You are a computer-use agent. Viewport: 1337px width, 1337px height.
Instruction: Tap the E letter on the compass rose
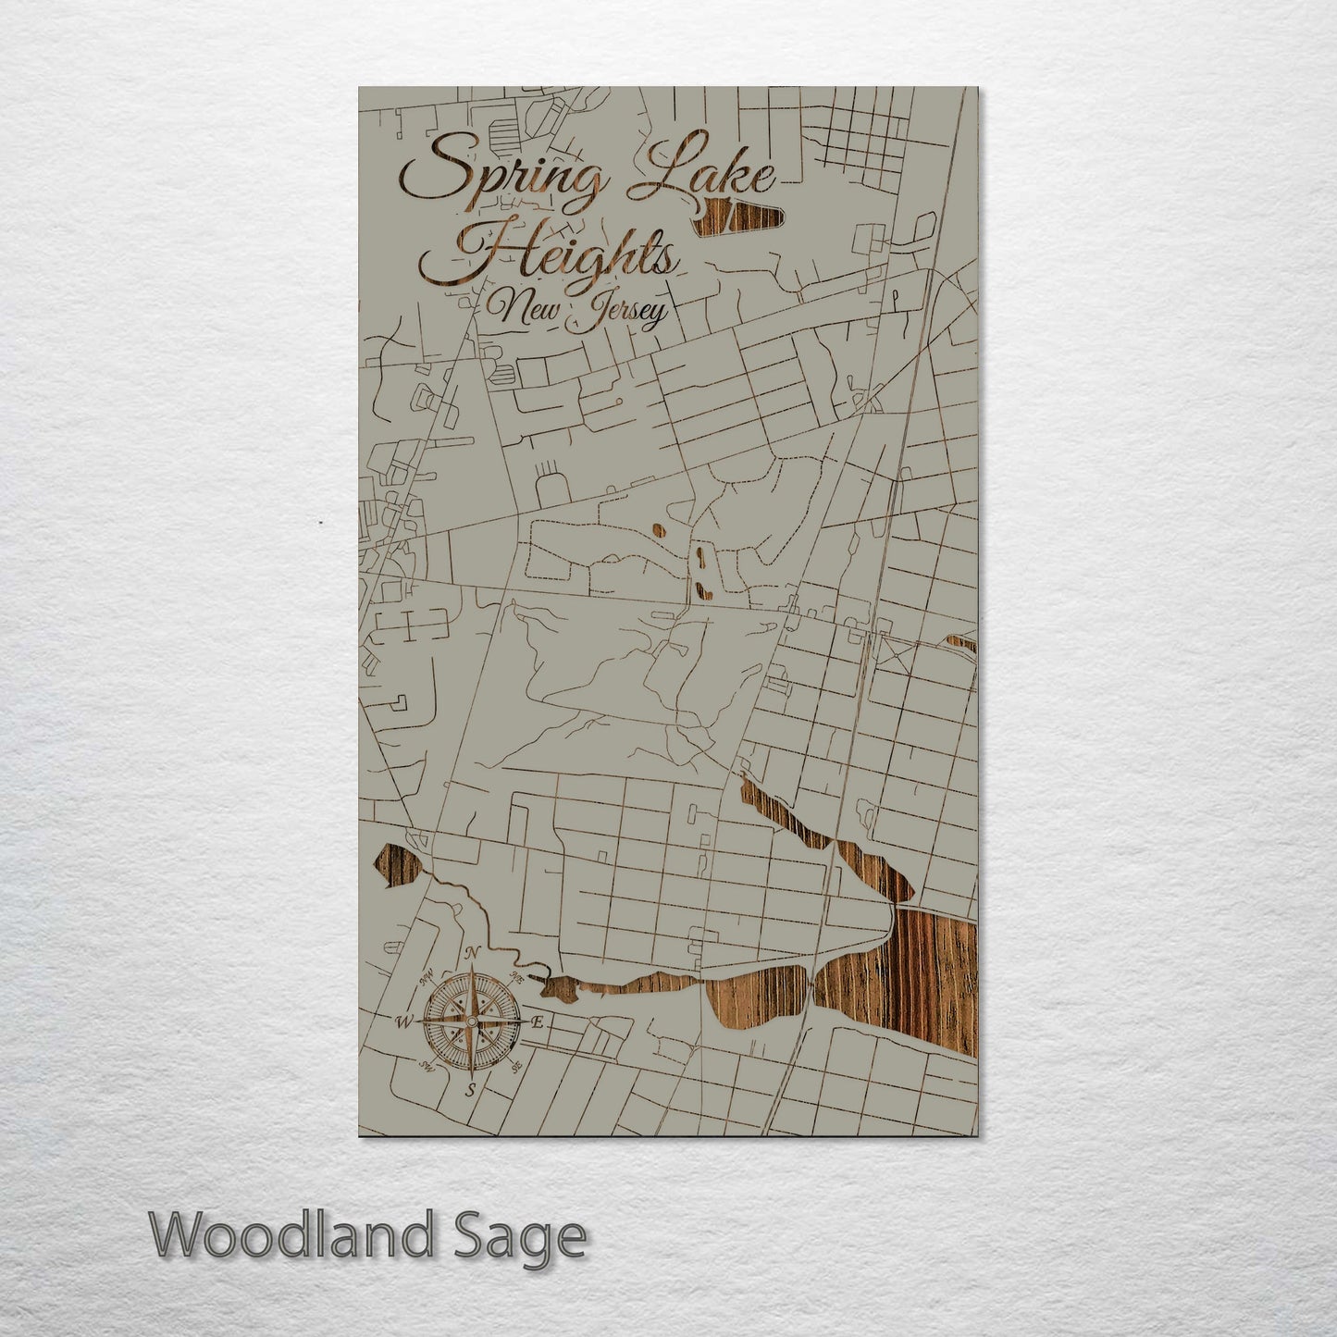pyautogui.click(x=539, y=1021)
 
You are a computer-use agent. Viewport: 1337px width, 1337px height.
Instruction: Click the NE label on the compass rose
pyautogui.click(x=518, y=976)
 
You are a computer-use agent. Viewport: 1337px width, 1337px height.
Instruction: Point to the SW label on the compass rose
pyautogui.click(x=426, y=1067)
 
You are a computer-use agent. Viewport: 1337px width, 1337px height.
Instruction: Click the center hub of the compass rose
pyautogui.click(x=471, y=1021)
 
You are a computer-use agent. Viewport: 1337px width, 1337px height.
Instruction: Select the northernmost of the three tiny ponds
pyautogui.click(x=659, y=530)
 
